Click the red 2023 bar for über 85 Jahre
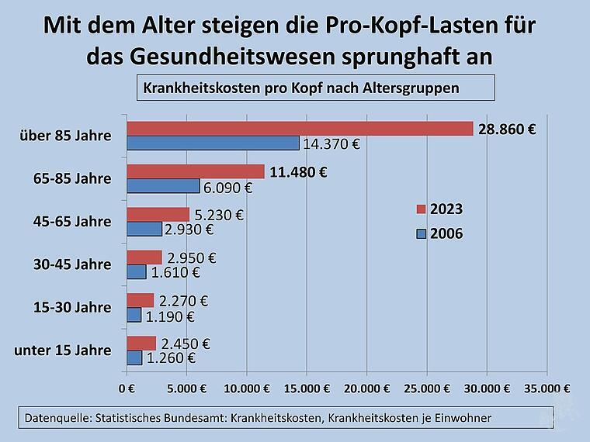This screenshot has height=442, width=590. click(x=300, y=129)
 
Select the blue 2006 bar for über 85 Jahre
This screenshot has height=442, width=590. click(x=213, y=143)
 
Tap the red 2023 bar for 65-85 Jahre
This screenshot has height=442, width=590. click(x=196, y=171)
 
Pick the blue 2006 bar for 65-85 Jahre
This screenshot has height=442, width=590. click(x=163, y=186)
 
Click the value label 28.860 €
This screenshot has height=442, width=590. click(x=507, y=129)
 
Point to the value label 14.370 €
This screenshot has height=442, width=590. click(x=332, y=144)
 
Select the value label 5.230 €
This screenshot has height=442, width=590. click(x=219, y=215)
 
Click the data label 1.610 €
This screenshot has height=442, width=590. click(x=175, y=272)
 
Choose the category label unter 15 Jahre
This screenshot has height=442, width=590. click(x=63, y=350)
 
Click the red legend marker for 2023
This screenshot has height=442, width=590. click(x=422, y=209)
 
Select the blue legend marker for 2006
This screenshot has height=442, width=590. click(x=422, y=233)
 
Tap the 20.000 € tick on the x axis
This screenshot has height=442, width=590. click(x=366, y=388)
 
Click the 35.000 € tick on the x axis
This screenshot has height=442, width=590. click(x=546, y=388)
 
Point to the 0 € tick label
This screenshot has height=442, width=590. click(x=127, y=388)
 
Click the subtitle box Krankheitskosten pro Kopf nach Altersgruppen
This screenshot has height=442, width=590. click(x=315, y=88)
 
